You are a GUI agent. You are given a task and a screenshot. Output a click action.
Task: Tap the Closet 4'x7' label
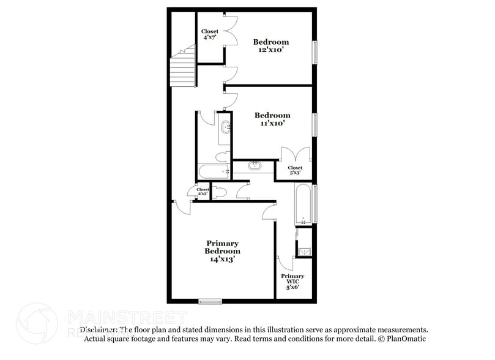pos(210,35)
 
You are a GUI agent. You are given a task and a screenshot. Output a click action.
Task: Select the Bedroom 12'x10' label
pos(271,46)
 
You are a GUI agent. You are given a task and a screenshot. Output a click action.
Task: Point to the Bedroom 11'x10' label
pos(272,119)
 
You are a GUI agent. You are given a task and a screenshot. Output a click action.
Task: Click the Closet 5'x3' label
pos(295,170)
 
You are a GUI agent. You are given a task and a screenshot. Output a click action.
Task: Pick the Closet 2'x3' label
pos(203,192)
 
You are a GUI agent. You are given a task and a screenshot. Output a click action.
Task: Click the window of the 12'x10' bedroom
pos(316,51)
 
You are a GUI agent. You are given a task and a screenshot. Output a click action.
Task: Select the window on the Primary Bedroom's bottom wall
pos(210,301)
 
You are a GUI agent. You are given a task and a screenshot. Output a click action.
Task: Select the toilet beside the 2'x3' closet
pos(220,192)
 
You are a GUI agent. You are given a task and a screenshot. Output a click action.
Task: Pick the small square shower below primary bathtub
pos(303,249)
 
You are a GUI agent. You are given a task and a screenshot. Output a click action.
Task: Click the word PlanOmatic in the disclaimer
pos(404,339)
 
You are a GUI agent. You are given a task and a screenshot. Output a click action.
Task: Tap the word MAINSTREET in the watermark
pos(126,317)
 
